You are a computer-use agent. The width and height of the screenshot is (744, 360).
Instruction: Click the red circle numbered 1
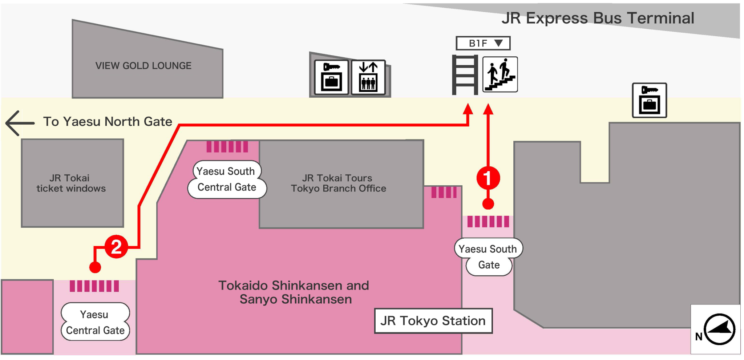488,178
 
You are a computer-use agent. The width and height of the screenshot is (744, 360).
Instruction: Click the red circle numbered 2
116,247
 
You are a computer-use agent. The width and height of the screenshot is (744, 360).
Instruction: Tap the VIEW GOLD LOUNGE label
143,66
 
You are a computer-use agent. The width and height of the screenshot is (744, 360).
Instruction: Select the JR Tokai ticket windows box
72,183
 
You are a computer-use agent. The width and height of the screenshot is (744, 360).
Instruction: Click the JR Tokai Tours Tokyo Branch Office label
338,183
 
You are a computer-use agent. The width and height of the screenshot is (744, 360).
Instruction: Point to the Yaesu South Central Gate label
227,179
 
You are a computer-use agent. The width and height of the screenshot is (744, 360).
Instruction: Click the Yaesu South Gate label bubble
488,257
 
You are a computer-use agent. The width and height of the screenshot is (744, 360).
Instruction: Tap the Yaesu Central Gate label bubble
95,322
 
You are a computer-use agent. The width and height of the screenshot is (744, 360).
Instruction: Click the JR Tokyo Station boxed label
433,321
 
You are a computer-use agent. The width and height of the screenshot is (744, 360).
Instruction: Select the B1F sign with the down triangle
483,43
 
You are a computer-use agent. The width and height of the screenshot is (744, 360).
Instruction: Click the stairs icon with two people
500,74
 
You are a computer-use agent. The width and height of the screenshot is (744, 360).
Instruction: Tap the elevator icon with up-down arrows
368,77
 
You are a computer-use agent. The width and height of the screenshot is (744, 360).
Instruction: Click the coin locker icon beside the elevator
331,77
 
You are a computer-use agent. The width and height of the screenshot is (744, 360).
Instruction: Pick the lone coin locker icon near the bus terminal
649,100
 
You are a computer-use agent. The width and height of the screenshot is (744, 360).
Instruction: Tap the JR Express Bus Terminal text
598,18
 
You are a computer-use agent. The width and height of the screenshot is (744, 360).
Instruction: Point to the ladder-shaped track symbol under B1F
465,75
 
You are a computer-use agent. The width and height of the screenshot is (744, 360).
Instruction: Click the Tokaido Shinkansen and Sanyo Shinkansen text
294,292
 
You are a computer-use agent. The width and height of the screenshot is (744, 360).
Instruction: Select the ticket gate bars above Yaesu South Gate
488,222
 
